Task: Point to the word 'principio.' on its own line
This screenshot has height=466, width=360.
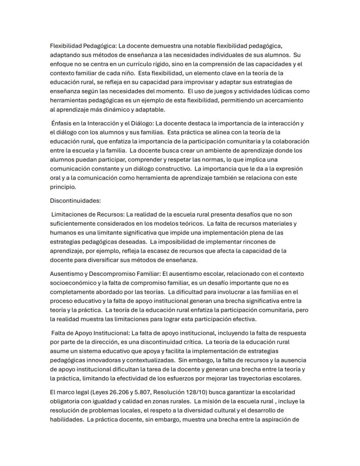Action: [63, 187]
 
